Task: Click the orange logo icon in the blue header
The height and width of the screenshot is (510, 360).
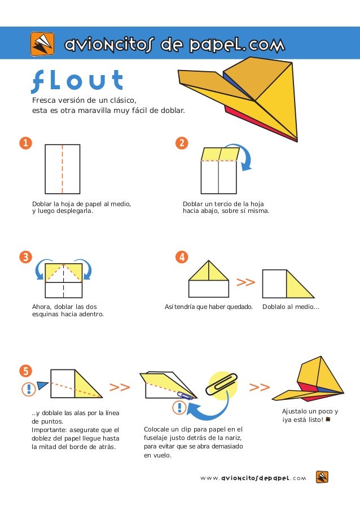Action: (42, 43)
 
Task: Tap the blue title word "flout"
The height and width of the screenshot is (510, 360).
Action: (77, 80)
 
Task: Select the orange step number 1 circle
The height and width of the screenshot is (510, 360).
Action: (25, 143)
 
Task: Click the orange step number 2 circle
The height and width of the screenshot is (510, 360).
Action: (182, 143)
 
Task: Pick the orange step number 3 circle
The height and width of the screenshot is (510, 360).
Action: (25, 257)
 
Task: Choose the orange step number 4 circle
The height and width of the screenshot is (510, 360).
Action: (182, 257)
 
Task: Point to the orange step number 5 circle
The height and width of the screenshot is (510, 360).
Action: (25, 371)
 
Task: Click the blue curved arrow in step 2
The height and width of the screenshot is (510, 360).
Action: (248, 156)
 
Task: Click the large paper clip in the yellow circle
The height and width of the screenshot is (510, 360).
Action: (222, 384)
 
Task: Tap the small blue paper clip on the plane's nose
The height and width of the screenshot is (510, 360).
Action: (184, 395)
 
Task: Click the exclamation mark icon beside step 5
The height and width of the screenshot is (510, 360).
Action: (29, 389)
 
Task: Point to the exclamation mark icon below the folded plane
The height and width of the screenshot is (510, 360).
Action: (179, 408)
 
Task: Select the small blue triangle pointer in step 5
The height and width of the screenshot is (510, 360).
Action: (42, 385)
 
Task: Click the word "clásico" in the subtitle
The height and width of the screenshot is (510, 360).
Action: (123, 100)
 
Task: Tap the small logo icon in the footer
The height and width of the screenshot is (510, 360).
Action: (322, 477)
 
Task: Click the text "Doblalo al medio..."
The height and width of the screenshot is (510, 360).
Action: (291, 307)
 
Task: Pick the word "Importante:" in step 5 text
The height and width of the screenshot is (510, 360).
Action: (50, 430)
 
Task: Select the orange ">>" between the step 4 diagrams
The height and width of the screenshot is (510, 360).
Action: (245, 282)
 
